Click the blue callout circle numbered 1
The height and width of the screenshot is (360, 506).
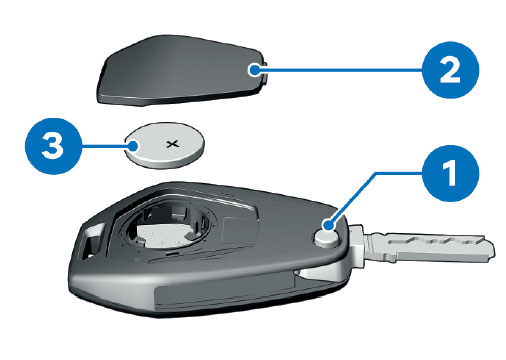(x=450, y=173)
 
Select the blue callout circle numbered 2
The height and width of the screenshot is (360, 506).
(x=450, y=70)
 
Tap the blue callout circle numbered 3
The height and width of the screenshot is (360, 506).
(x=53, y=146)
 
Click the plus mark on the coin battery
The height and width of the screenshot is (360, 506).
(x=172, y=144)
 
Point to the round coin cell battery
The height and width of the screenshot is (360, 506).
(x=164, y=145)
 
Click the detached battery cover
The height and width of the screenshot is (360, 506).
(x=182, y=71)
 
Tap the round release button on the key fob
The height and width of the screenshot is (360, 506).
(x=327, y=238)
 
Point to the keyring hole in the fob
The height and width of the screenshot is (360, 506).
(x=92, y=240)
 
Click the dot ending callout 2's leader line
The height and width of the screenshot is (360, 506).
(x=255, y=70)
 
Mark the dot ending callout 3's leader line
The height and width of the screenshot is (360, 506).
(x=134, y=146)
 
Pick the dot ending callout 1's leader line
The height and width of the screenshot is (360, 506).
(x=329, y=225)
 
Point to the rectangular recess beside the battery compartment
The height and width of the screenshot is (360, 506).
(x=239, y=231)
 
